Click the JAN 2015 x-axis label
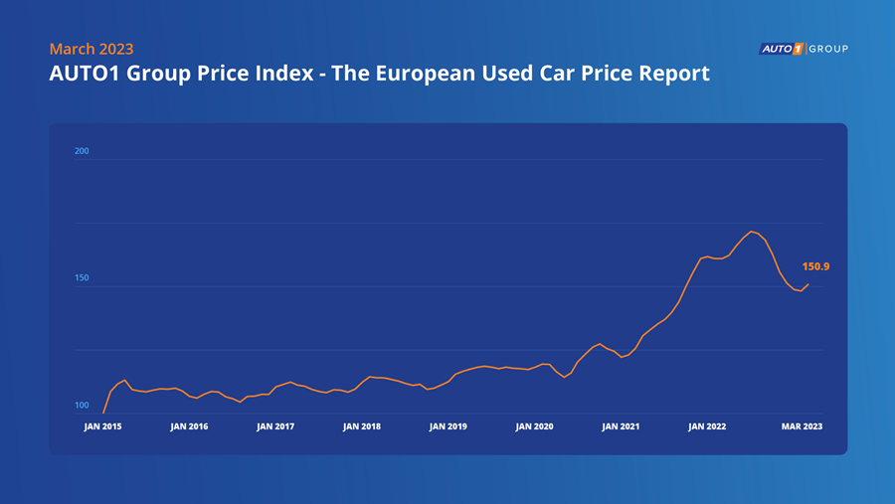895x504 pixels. [x=103, y=426]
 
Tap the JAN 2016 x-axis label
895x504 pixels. [x=189, y=426]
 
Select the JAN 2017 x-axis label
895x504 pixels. [x=275, y=426]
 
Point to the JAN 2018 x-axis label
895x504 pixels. [x=362, y=426]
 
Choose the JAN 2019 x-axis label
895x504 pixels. [x=448, y=426]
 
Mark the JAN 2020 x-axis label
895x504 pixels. [x=535, y=426]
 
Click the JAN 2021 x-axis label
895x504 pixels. [x=621, y=426]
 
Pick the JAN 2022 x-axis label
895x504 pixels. [x=707, y=426]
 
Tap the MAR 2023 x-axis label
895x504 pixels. [x=802, y=426]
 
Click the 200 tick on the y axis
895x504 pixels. [x=82, y=152]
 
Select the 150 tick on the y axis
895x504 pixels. [x=82, y=278]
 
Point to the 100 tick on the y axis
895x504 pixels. [x=82, y=406]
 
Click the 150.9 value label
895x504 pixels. [x=815, y=266]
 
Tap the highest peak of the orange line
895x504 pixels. [x=751, y=232]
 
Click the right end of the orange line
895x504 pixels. [x=808, y=284]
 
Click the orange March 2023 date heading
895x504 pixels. [x=91, y=49]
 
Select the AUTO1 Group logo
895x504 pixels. [x=804, y=49]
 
